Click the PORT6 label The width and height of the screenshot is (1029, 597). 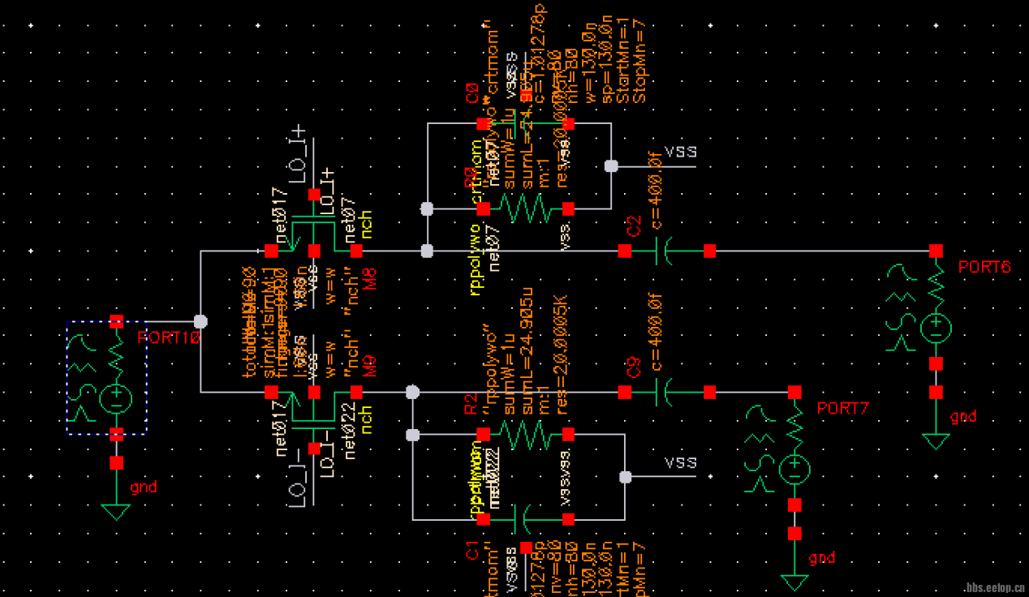(984, 267)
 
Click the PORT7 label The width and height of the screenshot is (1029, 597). (842, 408)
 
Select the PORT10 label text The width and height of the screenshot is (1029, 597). (168, 337)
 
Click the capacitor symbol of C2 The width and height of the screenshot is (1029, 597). (666, 251)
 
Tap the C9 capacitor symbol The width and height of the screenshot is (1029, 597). (666, 393)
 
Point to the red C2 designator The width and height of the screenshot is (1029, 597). (634, 226)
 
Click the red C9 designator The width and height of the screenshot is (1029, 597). (634, 369)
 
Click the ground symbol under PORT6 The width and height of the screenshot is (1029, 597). (936, 441)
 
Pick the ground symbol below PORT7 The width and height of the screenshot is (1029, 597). (794, 582)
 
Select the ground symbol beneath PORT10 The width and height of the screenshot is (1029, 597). (116, 512)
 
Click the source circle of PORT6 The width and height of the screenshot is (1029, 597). (936, 328)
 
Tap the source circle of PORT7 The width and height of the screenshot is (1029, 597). (794, 469)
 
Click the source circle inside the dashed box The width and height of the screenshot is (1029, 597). (116, 398)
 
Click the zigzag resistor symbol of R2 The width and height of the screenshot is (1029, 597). (526, 435)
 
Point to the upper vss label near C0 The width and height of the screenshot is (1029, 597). (680, 151)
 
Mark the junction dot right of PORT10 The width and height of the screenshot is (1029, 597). (200, 321)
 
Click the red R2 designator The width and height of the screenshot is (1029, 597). (471, 403)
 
